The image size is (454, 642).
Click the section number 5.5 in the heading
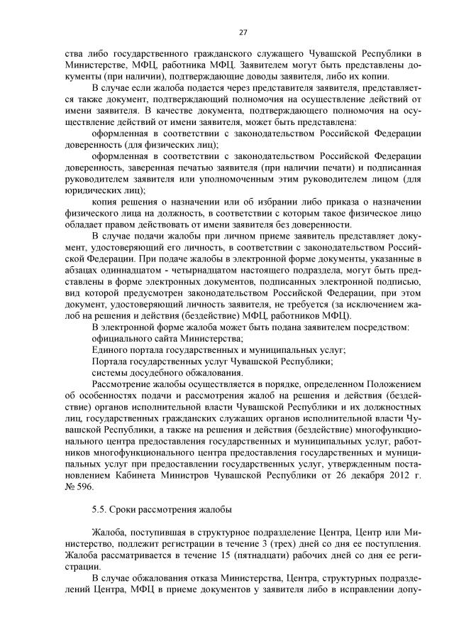pyautogui.click(x=100, y=510)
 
